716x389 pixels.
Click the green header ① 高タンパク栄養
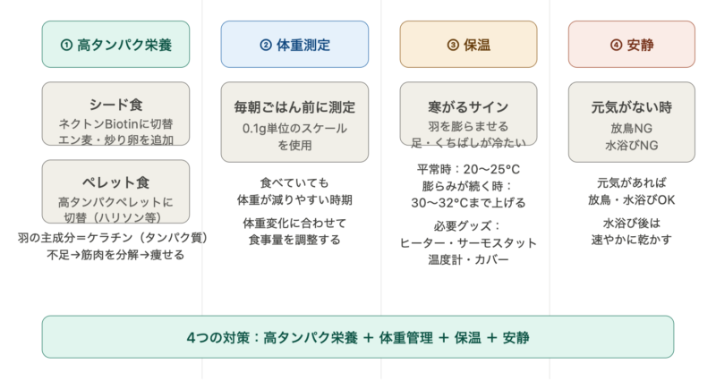click(115, 44)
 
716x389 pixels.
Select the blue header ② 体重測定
click(294, 44)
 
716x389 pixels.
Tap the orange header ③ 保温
click(468, 44)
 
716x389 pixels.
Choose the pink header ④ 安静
click(632, 44)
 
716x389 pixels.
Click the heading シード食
click(116, 105)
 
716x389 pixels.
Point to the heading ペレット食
click(116, 182)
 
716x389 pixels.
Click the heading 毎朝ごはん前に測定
click(294, 107)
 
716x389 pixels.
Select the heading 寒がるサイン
click(468, 107)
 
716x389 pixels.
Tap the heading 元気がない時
click(632, 107)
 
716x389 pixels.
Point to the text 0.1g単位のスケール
click(294, 129)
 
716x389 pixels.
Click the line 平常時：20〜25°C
click(468, 170)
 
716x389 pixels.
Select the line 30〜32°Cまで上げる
click(468, 203)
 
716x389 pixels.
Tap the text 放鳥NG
click(632, 129)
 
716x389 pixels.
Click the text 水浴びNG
click(632, 146)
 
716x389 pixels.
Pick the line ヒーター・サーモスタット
click(468, 243)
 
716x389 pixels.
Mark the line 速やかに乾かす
click(632, 240)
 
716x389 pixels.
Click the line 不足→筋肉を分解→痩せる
click(115, 255)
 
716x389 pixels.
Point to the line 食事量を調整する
click(294, 240)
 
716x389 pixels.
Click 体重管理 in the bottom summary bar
click(406, 338)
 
